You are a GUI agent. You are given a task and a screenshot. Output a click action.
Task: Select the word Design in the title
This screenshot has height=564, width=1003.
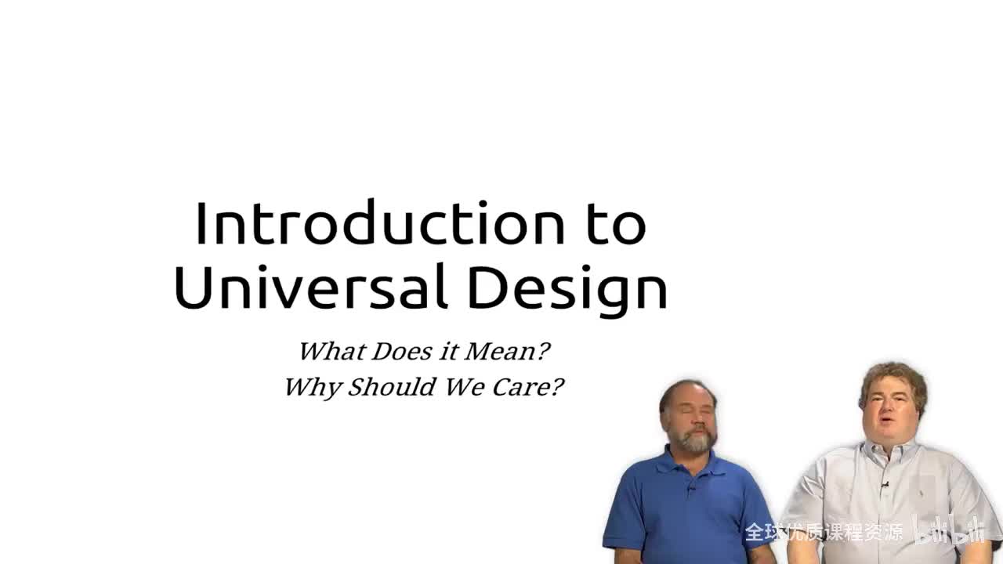(567, 288)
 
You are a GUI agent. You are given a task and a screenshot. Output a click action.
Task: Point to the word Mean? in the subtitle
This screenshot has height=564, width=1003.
(507, 351)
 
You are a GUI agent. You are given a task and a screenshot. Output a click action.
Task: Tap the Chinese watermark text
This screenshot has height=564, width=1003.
(823, 533)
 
